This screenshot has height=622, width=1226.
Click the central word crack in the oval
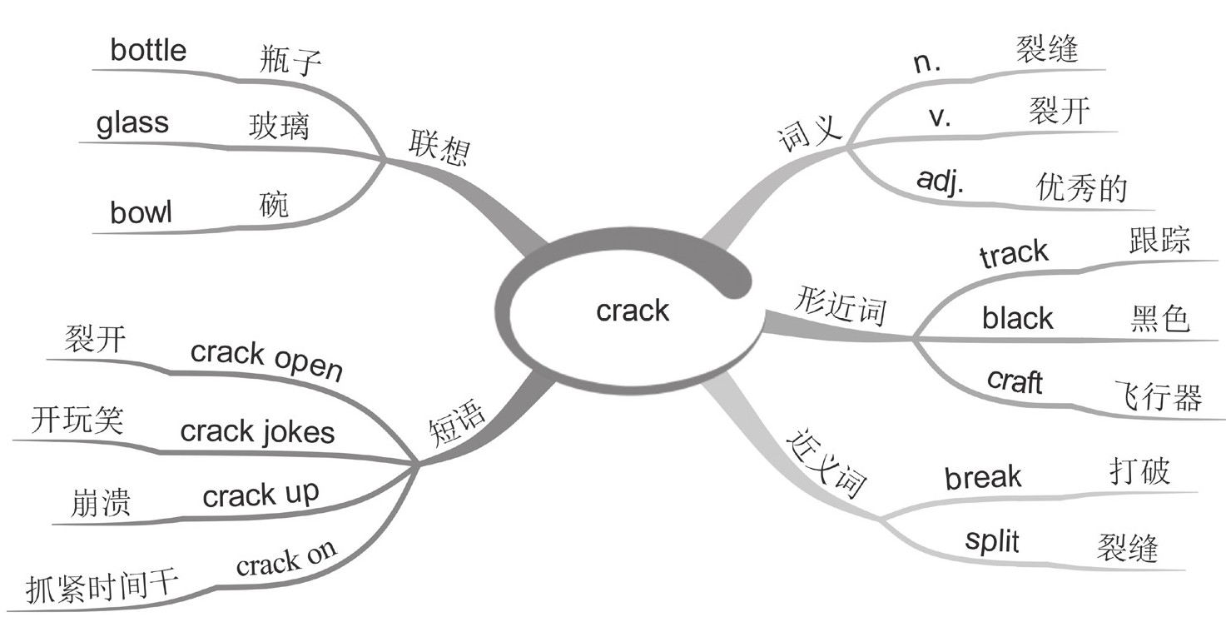pos(633,311)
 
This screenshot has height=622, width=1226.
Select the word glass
pos(132,123)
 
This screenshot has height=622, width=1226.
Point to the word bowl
pos(141,212)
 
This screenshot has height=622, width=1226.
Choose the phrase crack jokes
pos(257,431)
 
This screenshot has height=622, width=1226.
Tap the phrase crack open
pos(266,360)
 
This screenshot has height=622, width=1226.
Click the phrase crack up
pos(261,495)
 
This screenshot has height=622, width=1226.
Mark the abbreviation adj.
pos(940,182)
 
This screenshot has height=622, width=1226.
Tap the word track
pos(1014,254)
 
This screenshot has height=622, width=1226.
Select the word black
pos(1017,317)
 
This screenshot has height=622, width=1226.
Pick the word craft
pos(1014,381)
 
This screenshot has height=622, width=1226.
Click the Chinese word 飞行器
pos(1158,396)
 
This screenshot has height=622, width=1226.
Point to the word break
pos(983,478)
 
